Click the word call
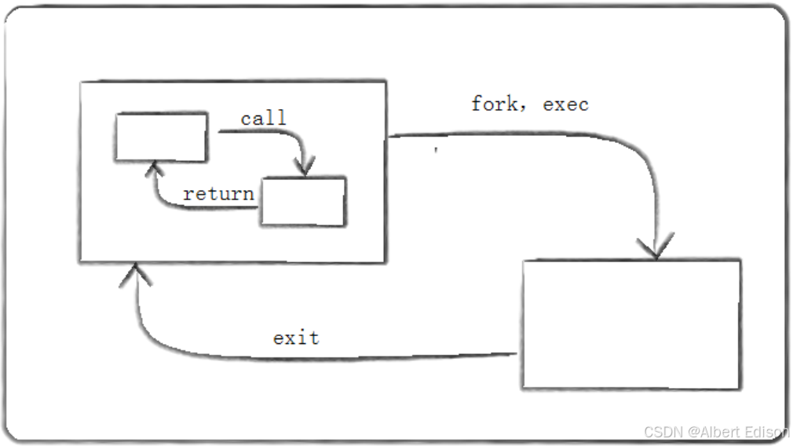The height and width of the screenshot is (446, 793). pyautogui.click(x=263, y=119)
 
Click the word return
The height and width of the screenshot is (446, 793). pyautogui.click(x=218, y=193)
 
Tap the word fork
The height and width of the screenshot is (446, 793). pyautogui.click(x=493, y=104)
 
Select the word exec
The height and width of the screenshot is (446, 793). pyautogui.click(x=565, y=104)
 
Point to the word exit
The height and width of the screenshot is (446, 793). pyautogui.click(x=296, y=338)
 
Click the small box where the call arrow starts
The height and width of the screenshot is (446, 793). pyautogui.click(x=161, y=137)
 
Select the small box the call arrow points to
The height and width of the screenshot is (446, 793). pyautogui.click(x=302, y=202)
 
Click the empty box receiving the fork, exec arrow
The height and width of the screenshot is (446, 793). pyautogui.click(x=631, y=324)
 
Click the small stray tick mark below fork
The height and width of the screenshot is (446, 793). pyautogui.click(x=436, y=148)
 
